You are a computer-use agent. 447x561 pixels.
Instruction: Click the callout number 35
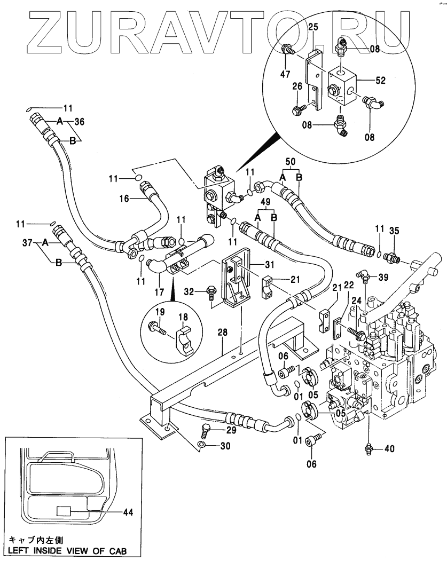point(394,231)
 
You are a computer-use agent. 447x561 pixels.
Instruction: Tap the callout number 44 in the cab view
point(128,512)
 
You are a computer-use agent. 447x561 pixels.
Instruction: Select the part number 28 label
point(222,332)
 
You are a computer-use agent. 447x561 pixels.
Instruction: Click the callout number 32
point(189,291)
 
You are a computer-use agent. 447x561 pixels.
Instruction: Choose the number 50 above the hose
point(291,161)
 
